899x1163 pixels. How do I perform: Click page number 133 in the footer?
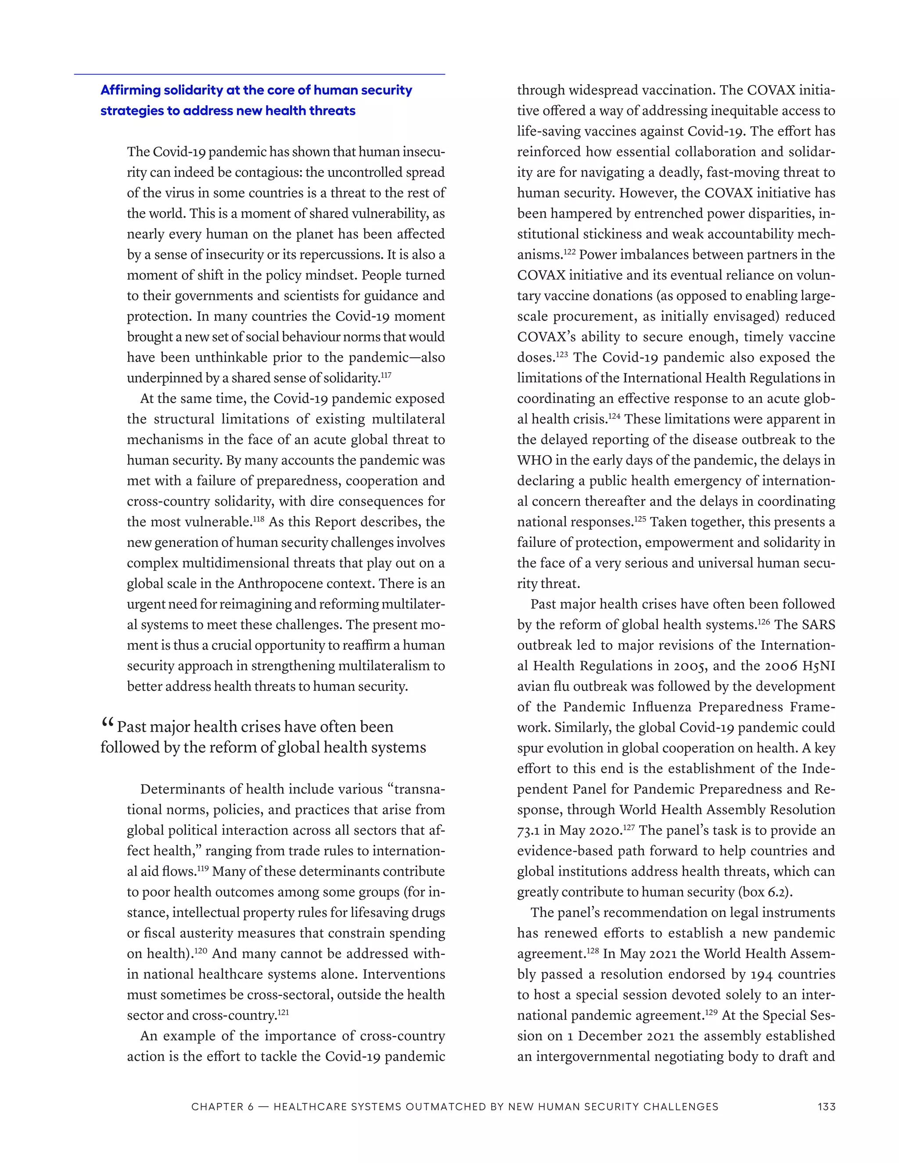(x=826, y=1106)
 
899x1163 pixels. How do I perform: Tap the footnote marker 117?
(x=386, y=375)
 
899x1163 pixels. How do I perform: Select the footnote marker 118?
(x=258, y=519)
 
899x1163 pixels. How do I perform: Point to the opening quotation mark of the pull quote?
(x=107, y=724)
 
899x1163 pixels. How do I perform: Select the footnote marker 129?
(x=712, y=1012)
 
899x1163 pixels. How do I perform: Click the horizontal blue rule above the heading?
(x=259, y=75)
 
